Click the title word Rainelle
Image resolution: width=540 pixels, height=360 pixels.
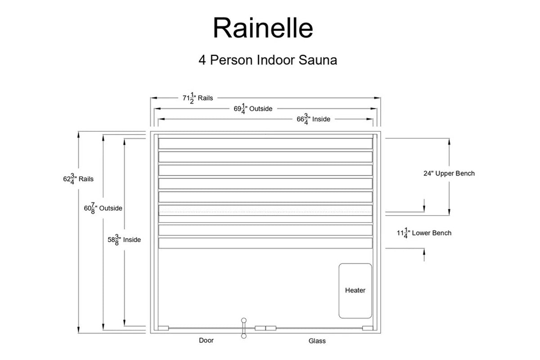263,28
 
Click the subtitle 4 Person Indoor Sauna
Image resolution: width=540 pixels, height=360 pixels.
268,60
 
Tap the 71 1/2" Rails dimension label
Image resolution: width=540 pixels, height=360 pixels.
198,98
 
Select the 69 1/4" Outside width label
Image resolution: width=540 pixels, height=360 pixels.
253,108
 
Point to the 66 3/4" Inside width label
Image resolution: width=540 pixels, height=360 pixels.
313,119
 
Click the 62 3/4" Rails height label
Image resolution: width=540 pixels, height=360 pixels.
78,179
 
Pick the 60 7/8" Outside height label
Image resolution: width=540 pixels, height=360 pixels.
103,208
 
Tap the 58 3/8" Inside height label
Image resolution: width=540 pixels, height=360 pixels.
124,240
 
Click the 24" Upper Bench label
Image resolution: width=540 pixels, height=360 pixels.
449,173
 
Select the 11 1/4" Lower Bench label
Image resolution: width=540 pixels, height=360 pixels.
423,233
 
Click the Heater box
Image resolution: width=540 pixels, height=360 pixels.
355,290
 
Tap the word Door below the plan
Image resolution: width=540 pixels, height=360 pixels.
206,341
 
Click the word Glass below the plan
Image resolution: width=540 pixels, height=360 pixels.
317,341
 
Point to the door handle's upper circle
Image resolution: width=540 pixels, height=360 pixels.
244,320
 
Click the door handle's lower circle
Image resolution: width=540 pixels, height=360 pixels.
244,336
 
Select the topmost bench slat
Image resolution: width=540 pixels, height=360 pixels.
265,144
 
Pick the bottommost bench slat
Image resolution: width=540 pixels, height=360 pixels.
265,243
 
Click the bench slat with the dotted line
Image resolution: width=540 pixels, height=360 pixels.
265,211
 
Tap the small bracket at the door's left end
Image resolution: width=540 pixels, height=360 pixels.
163,328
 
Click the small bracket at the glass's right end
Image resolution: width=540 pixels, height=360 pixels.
368,328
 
